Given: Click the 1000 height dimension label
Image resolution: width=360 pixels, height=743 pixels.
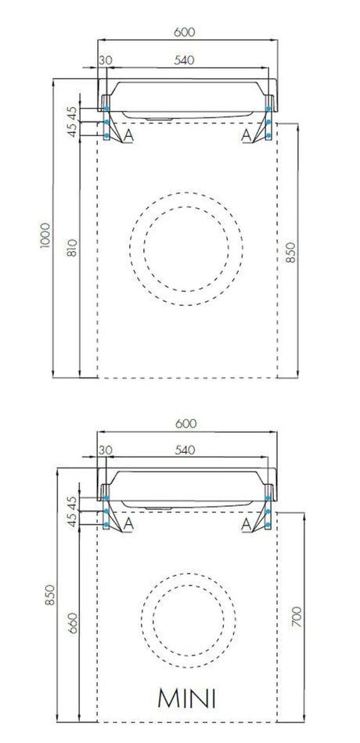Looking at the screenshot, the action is tap(45, 236).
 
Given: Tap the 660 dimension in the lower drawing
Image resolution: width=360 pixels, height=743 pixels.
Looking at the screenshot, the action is tap(72, 623).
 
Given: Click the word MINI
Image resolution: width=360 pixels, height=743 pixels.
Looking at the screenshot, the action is tap(187, 699).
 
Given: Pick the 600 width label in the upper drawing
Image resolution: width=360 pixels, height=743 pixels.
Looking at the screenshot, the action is tap(185, 32).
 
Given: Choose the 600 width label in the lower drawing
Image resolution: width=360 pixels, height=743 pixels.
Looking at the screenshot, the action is tap(185, 424).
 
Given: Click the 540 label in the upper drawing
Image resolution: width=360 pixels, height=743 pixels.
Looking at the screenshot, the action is tap(184, 60).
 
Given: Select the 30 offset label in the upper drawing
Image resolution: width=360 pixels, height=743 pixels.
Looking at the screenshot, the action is tap(106, 60).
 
